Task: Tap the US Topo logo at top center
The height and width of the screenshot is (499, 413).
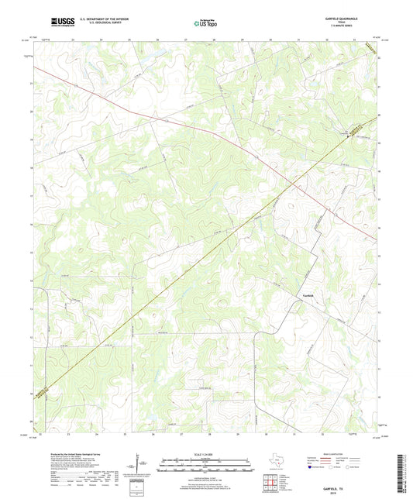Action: click(x=206, y=23)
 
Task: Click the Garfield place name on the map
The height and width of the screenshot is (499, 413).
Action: click(x=308, y=295)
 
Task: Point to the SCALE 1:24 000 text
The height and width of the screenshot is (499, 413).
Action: click(x=206, y=455)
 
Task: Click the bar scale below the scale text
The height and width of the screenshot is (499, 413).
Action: click(x=206, y=467)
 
